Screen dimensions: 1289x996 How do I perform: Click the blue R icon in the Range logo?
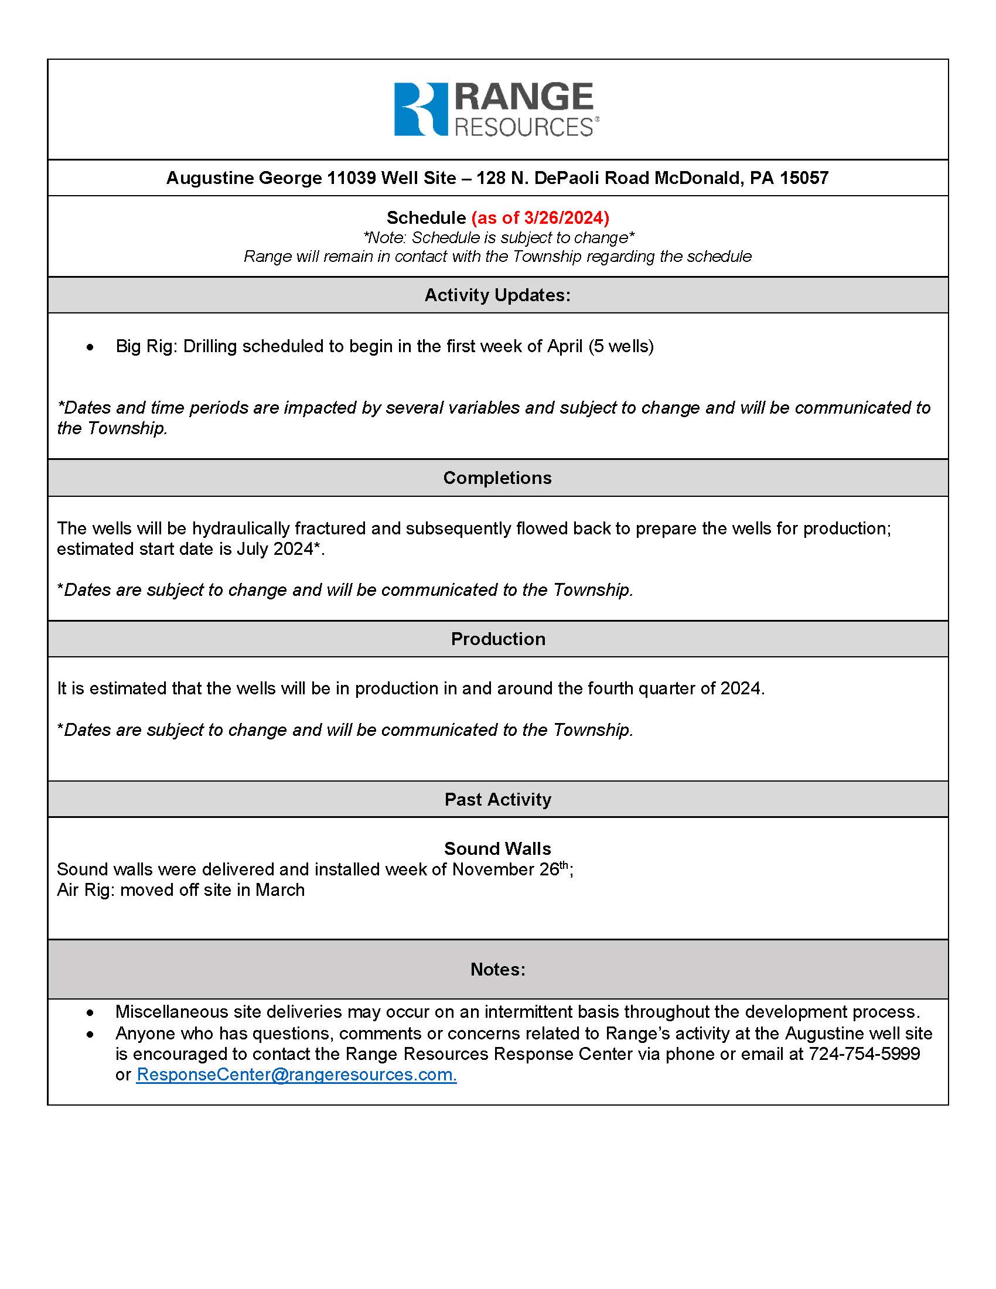[421, 109]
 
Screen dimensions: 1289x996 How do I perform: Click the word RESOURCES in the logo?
[523, 127]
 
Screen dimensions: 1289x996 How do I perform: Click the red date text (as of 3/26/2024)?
[540, 218]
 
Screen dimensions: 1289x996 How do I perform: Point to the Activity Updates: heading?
[497, 295]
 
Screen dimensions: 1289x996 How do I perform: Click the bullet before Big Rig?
[90, 347]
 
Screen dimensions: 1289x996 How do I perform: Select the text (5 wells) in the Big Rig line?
[620, 346]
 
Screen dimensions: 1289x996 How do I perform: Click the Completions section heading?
[497, 478]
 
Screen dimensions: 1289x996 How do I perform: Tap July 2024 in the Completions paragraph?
[275, 549]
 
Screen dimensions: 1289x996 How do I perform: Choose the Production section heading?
[497, 639]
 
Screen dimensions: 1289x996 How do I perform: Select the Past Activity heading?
[497, 799]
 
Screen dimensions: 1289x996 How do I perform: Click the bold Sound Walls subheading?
[497, 848]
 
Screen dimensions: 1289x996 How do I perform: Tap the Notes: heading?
[497, 969]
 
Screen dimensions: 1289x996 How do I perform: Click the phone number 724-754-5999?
[864, 1053]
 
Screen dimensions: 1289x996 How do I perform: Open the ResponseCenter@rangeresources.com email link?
[296, 1074]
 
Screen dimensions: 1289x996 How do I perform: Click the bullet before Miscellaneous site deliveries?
[90, 1012]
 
